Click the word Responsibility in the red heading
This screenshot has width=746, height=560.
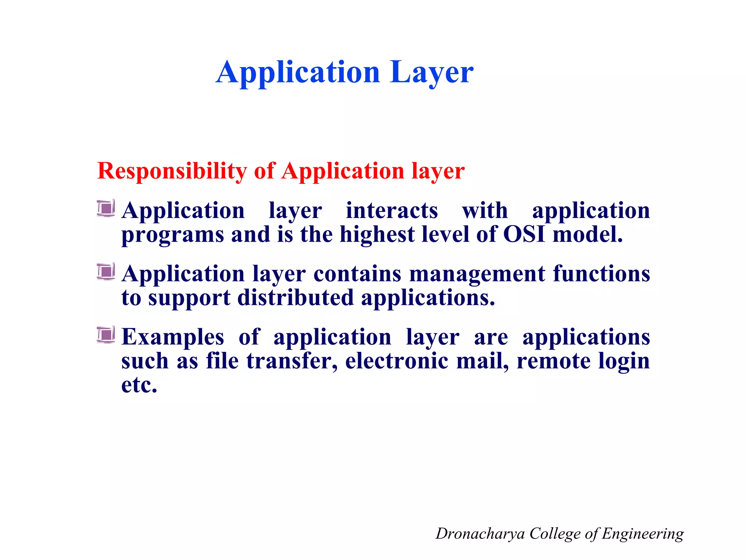click(172, 171)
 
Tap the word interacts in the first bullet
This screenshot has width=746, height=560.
click(392, 211)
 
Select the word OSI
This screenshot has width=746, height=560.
click(524, 234)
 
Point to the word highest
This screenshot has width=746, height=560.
click(377, 234)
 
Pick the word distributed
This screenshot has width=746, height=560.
click(295, 298)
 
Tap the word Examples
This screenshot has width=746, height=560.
click(173, 337)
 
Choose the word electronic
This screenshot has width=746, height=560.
click(397, 361)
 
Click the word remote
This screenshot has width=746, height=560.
click(554, 361)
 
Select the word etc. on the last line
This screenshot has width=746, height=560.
click(139, 385)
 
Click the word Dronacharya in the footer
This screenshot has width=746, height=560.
click(480, 534)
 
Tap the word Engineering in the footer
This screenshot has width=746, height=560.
click(643, 534)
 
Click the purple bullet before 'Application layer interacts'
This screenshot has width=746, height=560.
click(106, 209)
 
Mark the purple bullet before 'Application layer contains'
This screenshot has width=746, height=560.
click(106, 272)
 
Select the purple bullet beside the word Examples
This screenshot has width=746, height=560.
click(106, 335)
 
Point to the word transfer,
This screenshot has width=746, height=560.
click(292, 361)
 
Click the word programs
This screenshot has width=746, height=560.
click(173, 235)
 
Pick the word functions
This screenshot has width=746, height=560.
click(601, 274)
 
